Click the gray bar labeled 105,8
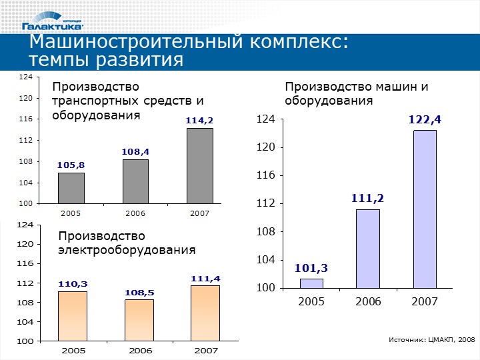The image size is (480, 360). pyautogui.click(x=71, y=188)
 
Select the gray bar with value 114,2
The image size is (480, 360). pyautogui.click(x=199, y=165)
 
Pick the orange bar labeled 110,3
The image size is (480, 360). pyautogui.click(x=72, y=316)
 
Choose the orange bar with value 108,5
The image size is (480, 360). pyautogui.click(x=139, y=320)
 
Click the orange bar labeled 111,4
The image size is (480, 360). pyautogui.click(x=205, y=313)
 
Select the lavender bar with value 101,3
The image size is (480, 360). pyautogui.click(x=311, y=283)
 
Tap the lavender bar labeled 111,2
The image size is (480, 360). pyautogui.click(x=368, y=249)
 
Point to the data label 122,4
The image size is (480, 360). pyautogui.click(x=425, y=119)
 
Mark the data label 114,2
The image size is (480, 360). pyautogui.click(x=199, y=121)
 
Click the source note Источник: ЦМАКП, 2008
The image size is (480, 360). pyautogui.click(x=431, y=340)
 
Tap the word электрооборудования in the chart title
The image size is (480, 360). pyautogui.click(x=127, y=250)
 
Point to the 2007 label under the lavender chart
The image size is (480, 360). pyautogui.click(x=425, y=302)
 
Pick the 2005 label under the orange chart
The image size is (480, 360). pyautogui.click(x=72, y=350)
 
